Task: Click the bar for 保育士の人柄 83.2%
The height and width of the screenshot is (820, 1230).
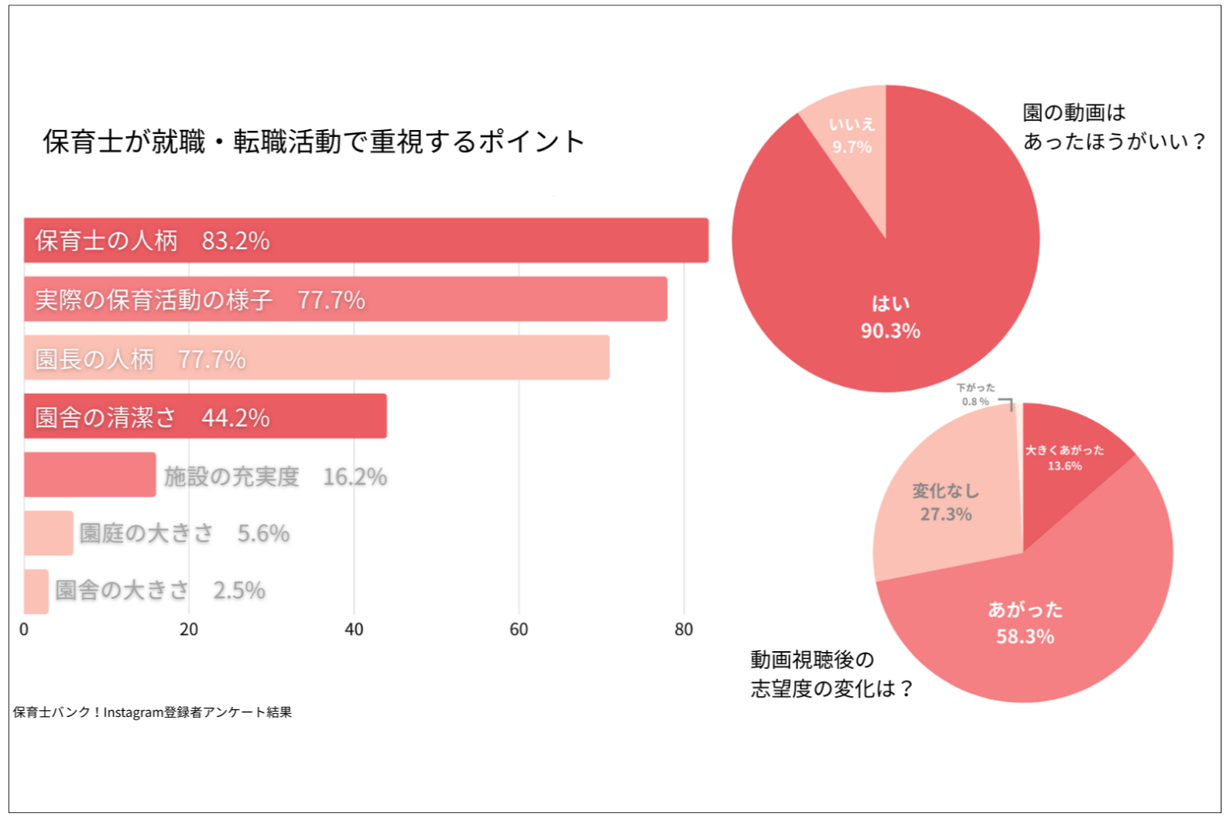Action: click(x=464, y=241)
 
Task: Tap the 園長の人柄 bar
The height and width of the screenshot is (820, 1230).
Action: click(x=426, y=359)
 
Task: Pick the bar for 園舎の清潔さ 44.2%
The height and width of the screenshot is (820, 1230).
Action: click(x=325, y=417)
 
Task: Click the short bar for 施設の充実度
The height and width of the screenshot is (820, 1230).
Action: click(x=89, y=475)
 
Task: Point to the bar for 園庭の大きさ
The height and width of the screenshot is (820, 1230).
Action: click(x=48, y=533)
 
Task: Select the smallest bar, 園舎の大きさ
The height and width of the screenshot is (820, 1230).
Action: click(x=36, y=592)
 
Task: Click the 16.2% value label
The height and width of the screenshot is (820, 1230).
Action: click(x=355, y=477)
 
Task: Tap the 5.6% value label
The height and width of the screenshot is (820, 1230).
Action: click(x=263, y=534)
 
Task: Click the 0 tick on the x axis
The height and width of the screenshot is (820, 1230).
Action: click(x=24, y=630)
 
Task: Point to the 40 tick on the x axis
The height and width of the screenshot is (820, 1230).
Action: click(x=354, y=630)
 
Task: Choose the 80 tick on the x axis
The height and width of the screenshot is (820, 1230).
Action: click(x=684, y=630)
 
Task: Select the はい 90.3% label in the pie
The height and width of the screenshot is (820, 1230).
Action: click(x=890, y=317)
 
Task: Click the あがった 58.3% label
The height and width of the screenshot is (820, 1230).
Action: click(x=1025, y=623)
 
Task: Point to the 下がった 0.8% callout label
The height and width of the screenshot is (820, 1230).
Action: click(x=975, y=395)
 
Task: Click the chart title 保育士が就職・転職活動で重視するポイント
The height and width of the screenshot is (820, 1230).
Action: click(x=313, y=142)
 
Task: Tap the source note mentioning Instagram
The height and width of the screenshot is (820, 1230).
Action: click(x=152, y=712)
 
